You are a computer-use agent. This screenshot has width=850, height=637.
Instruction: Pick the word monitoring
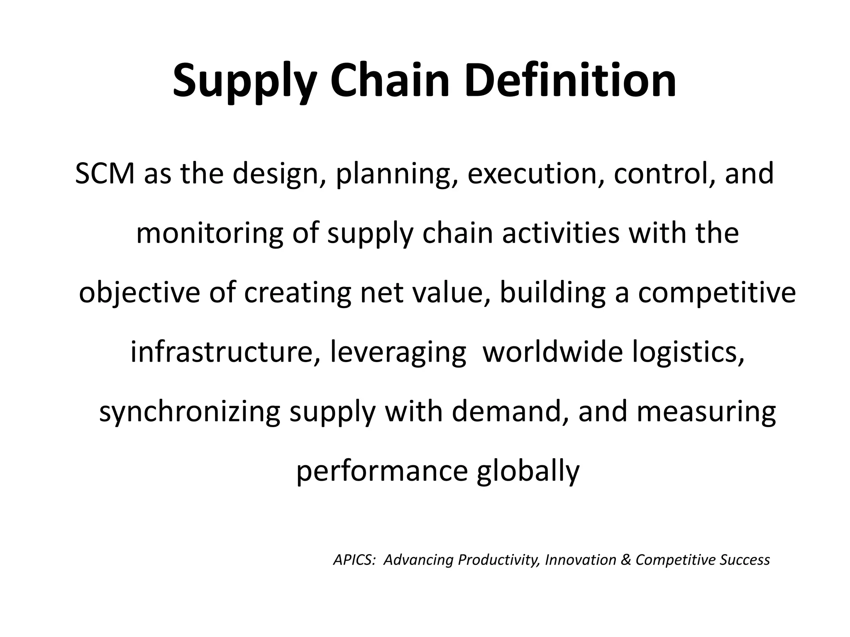[x=210, y=233]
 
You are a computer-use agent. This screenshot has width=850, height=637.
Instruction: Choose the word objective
[x=139, y=293]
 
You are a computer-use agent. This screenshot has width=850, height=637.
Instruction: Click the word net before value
[x=381, y=293]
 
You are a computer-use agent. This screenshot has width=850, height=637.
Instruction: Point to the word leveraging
[x=398, y=353]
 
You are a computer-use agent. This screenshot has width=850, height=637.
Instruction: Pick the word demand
[x=510, y=411]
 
